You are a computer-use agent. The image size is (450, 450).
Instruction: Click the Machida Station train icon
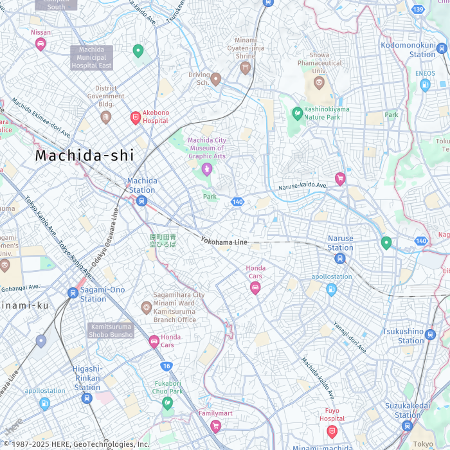coord(142,201)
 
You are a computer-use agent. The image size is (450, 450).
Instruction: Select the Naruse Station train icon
coord(340,258)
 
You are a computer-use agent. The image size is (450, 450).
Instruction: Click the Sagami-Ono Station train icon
coord(73,293)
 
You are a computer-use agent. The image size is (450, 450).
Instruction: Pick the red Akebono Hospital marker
coord(136,117)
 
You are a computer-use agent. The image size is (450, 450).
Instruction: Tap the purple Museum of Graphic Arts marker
coord(206,169)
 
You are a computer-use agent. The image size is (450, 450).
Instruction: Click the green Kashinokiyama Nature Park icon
coord(297,114)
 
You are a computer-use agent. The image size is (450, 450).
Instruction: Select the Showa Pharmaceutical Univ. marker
coord(319,82)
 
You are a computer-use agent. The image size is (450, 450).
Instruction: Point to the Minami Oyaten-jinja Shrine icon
coord(245,68)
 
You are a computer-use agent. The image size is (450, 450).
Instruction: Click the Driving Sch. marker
coord(216,79)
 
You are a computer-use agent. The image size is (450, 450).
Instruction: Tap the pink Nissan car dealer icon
coord(40,44)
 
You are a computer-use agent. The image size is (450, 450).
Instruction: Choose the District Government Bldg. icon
coord(106,117)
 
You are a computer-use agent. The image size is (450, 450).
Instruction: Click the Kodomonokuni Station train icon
coord(441,48)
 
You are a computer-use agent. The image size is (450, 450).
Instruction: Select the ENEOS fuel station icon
coord(425,85)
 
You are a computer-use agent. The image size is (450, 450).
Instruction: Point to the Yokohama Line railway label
coord(224,242)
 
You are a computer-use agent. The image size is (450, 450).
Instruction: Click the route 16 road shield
coord(166,366)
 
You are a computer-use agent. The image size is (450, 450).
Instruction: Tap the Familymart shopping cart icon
coord(215,426)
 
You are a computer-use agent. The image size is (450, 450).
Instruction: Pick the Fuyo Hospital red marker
coord(332,431)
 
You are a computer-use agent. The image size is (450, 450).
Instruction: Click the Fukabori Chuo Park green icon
coord(168,403)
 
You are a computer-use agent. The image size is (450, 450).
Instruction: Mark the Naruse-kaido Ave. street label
coord(303,186)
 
